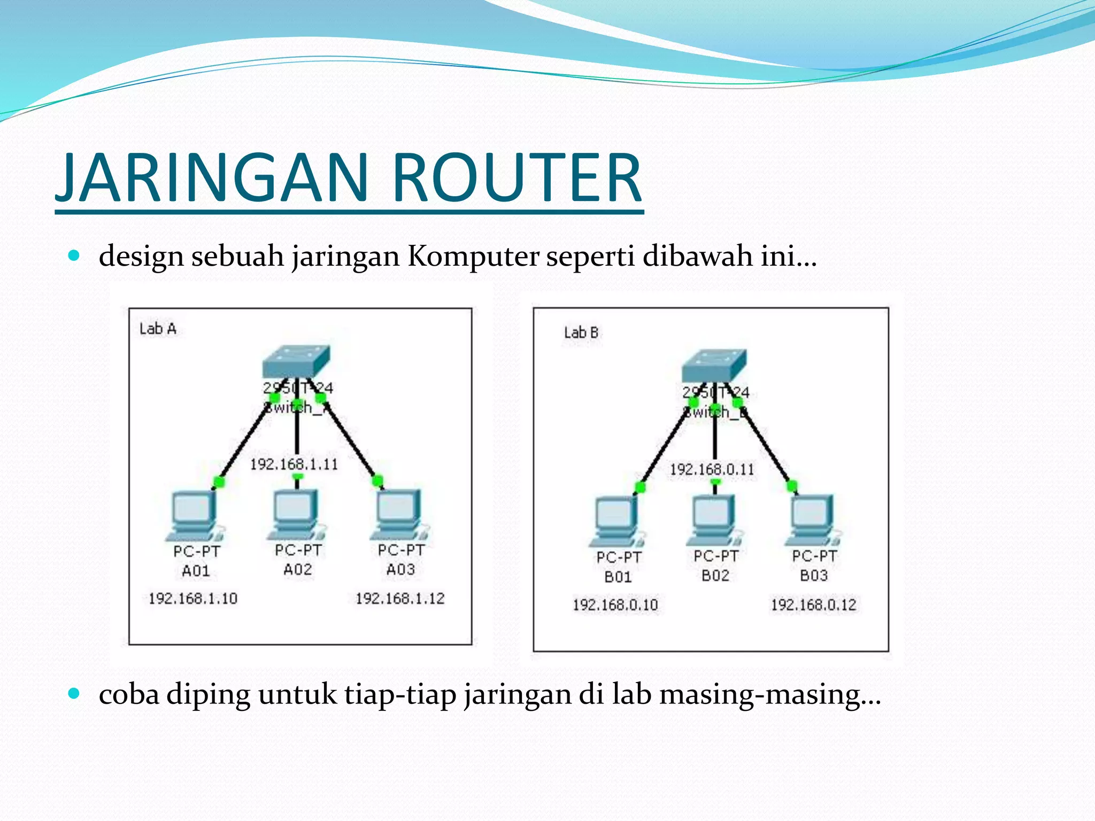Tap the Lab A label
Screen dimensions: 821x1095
coord(158,329)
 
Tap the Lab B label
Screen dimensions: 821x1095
coord(581,333)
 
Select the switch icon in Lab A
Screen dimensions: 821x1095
coord(296,362)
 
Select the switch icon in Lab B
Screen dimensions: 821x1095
coord(714,366)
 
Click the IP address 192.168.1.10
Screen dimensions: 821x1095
coord(193,599)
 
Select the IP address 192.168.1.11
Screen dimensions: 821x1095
coord(294,464)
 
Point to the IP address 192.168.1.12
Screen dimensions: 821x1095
coord(400,599)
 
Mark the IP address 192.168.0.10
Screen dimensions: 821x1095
coord(615,605)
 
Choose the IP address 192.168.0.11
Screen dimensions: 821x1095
coord(712,470)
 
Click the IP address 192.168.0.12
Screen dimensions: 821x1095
coord(813,605)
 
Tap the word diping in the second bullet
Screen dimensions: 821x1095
coord(208,695)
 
